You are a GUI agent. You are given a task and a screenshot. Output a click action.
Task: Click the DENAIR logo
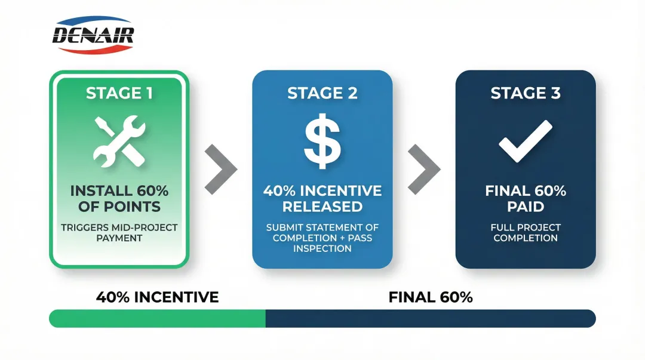93,35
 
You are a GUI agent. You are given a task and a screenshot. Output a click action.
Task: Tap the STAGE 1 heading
119,93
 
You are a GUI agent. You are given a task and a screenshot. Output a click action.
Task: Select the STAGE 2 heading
322,93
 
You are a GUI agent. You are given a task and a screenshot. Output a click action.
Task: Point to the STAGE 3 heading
526,93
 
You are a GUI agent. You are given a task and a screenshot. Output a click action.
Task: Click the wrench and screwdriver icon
119,142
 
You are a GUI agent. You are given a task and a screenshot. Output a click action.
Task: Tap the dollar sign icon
322,142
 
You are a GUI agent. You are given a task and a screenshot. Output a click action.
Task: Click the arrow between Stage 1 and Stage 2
220,169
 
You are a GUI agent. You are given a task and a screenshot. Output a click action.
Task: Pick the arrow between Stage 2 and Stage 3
424,169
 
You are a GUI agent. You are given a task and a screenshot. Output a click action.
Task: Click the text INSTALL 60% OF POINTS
119,199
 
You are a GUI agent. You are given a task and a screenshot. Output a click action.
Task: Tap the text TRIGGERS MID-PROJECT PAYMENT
119,233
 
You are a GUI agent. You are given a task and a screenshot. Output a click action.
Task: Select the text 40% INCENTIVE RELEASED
322,199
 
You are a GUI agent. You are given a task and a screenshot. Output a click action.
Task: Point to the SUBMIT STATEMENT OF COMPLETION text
322,238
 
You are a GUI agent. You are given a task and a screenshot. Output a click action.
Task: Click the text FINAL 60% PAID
526,199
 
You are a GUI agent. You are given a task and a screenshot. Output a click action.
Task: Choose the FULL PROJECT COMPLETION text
526,233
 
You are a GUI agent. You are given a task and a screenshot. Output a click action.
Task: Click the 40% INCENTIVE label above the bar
157,297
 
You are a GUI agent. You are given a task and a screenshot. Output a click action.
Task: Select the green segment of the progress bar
157,318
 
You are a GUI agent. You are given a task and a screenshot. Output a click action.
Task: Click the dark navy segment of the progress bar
430,318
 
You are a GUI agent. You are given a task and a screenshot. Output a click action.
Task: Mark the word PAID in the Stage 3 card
526,207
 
